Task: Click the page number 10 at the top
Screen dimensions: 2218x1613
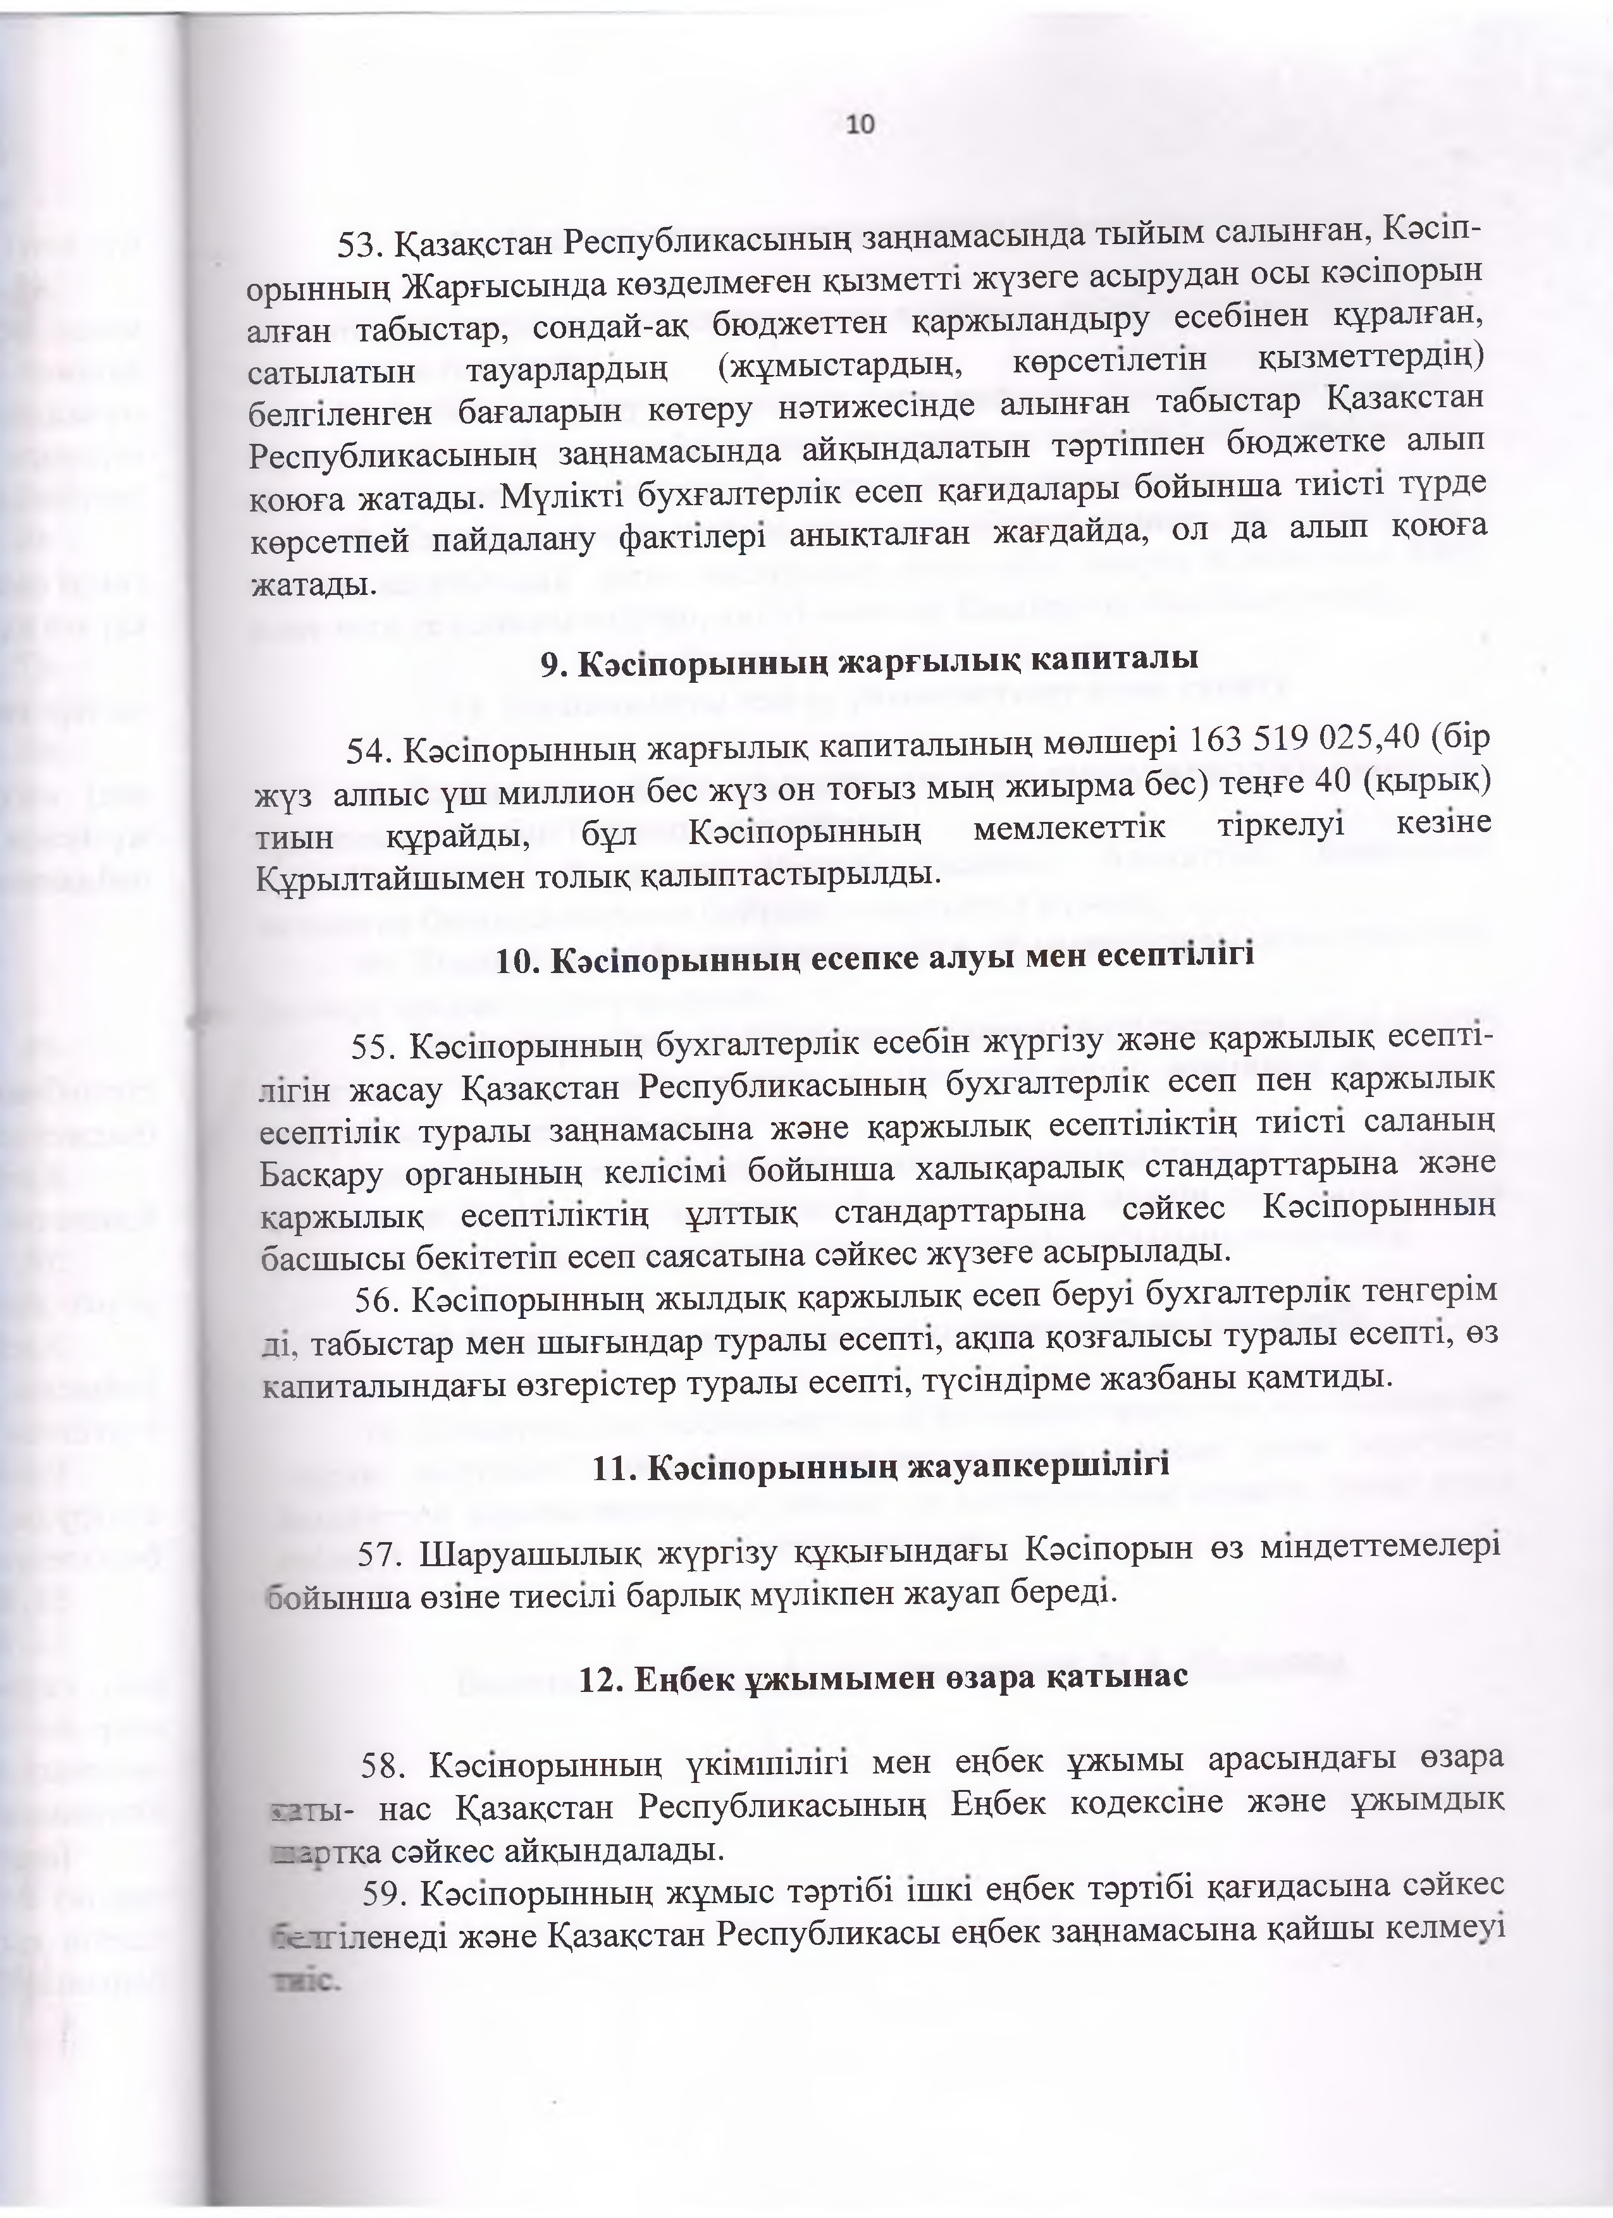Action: [x=861, y=124]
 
